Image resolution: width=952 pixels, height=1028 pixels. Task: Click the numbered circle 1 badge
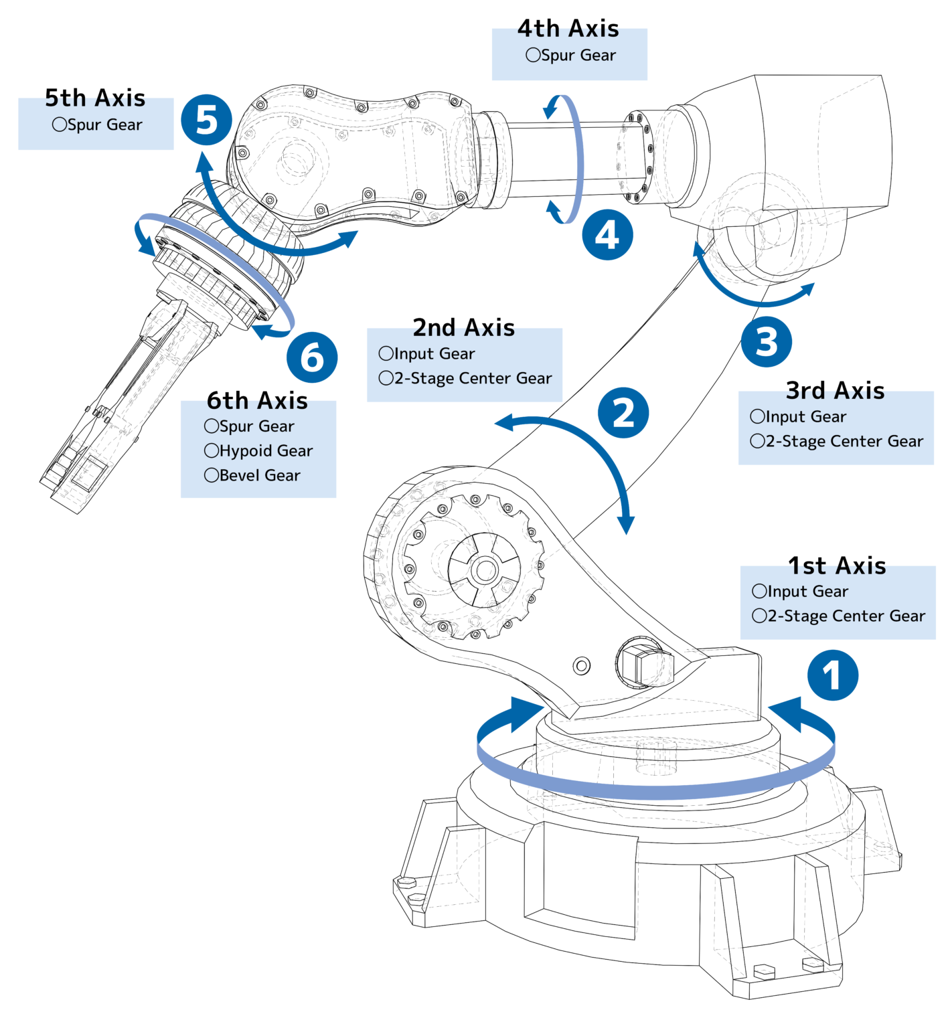pyautogui.click(x=832, y=675)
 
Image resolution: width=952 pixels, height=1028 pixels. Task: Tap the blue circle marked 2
pyautogui.click(x=623, y=412)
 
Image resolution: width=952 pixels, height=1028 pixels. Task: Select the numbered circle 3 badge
pyautogui.click(x=767, y=341)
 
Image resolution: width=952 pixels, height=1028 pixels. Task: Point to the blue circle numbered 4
pyautogui.click(x=607, y=235)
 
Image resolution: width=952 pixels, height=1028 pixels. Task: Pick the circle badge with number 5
pyautogui.click(x=206, y=120)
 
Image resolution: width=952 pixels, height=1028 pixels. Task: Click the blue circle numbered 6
pyautogui.click(x=312, y=357)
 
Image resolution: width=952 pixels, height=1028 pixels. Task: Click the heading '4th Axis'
pyautogui.click(x=568, y=29)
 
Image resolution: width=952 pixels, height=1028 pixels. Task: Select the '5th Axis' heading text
pyautogui.click(x=95, y=98)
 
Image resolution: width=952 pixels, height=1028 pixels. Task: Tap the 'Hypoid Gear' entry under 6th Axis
pyautogui.click(x=258, y=451)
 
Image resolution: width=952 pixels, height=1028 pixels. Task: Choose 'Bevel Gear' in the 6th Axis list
pyautogui.click(x=252, y=476)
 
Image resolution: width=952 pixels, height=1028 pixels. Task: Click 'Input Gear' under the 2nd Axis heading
pyautogui.click(x=427, y=354)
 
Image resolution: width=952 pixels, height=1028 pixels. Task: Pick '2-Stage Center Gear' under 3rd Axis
pyautogui.click(x=837, y=442)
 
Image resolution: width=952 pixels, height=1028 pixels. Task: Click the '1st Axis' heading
pyautogui.click(x=837, y=566)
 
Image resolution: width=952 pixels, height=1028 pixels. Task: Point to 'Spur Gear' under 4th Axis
pyautogui.click(x=571, y=56)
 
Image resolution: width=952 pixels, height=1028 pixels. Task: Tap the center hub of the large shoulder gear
pyautogui.click(x=484, y=571)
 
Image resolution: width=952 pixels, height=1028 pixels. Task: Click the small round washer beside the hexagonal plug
pyautogui.click(x=582, y=666)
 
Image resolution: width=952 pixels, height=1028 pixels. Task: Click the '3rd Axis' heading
pyautogui.click(x=835, y=391)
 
